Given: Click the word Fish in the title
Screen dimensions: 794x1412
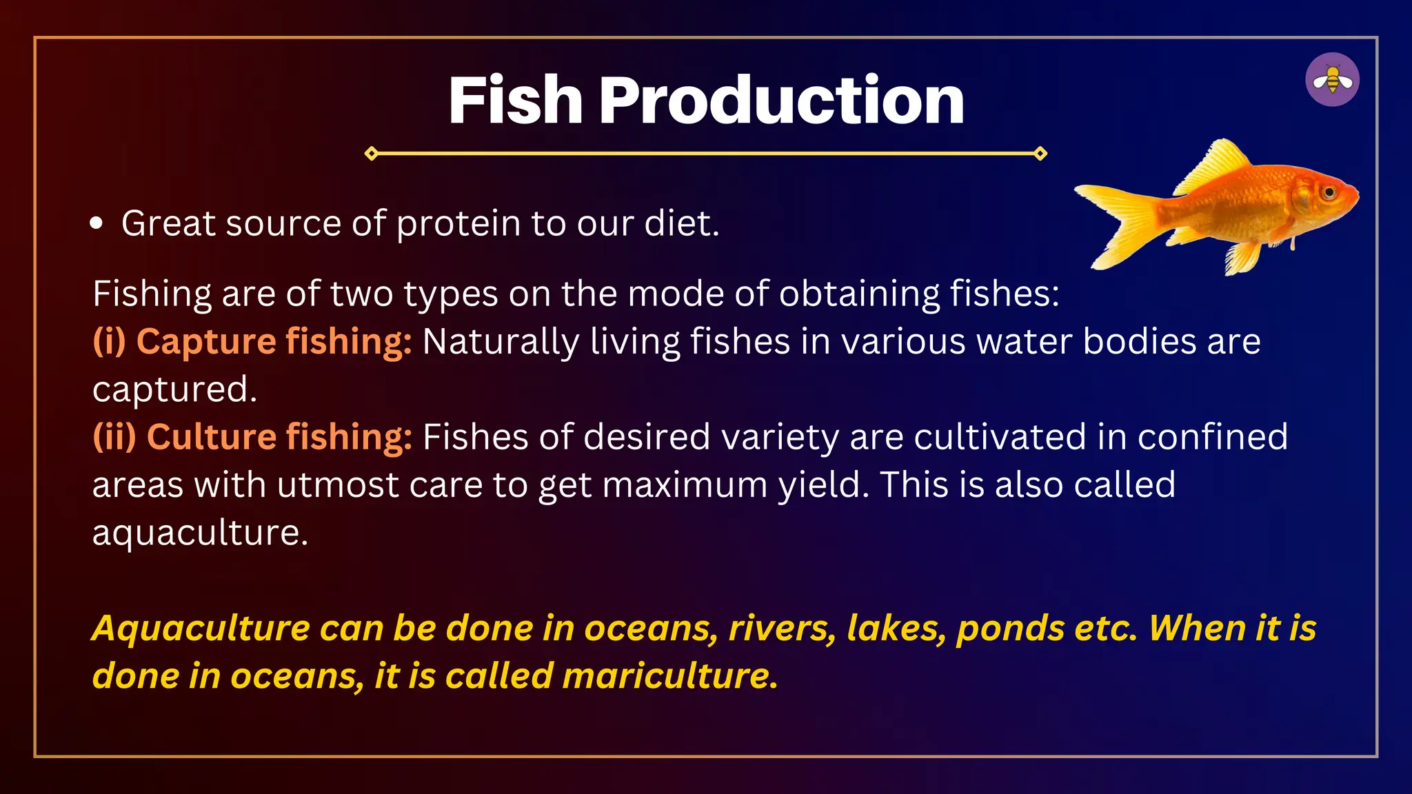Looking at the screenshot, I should click(x=516, y=101).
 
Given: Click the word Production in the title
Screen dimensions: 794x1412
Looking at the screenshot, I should click(x=782, y=101).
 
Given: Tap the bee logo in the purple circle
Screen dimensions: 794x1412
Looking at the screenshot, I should click(x=1332, y=80).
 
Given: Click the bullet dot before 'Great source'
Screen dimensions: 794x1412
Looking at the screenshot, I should click(x=97, y=223).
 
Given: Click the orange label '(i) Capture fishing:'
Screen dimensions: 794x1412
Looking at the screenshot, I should click(x=252, y=341).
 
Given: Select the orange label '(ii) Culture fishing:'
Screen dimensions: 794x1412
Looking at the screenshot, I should click(x=252, y=437).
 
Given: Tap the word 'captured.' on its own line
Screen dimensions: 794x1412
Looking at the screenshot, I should click(x=174, y=389).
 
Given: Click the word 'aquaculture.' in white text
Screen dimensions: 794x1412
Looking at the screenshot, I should click(x=200, y=533).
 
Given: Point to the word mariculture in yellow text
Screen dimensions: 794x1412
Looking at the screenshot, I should click(x=670, y=675).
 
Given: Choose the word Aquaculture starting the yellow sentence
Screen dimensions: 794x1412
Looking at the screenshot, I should click(x=201, y=629).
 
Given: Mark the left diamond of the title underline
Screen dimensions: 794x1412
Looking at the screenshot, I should click(x=371, y=153).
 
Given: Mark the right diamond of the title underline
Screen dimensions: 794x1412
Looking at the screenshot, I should click(x=1040, y=153).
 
